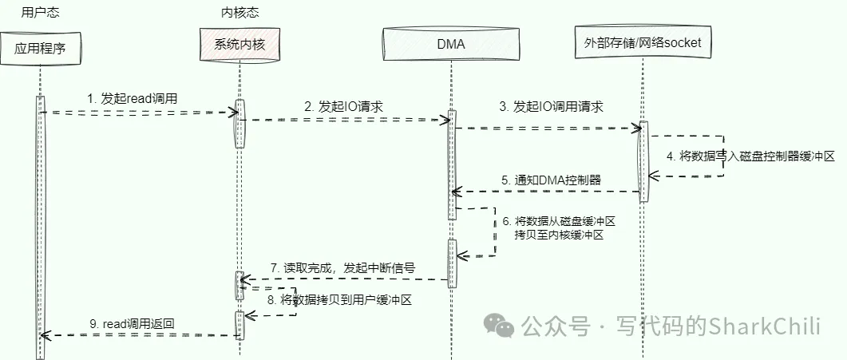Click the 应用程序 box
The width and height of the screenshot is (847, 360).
tap(39, 48)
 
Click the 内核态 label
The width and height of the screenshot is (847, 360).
tap(239, 12)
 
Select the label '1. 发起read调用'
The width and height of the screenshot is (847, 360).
tap(133, 97)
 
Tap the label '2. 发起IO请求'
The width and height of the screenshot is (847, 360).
tap(342, 105)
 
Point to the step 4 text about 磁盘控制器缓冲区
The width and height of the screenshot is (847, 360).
tap(751, 156)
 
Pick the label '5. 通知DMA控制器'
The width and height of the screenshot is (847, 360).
tap(552, 180)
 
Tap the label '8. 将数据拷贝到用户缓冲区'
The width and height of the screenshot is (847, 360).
tap(343, 300)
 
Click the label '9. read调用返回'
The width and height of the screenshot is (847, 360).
tap(133, 323)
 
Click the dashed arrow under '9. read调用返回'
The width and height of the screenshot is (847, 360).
tap(140, 336)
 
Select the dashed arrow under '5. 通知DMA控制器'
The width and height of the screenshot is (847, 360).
tap(547, 191)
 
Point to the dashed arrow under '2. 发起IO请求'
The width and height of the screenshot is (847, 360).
tap(343, 120)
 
